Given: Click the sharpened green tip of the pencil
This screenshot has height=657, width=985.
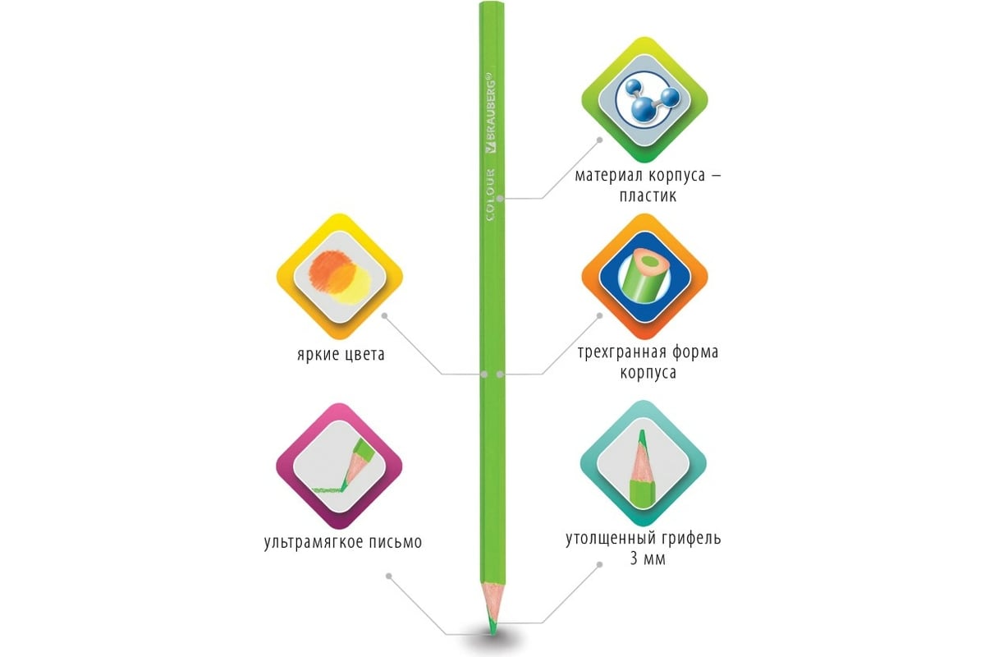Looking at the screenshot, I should coord(490,627).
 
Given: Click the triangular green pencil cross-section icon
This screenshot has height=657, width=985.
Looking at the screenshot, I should coord(644,278).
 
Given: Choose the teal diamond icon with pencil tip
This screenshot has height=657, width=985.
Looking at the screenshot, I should coord(644,466).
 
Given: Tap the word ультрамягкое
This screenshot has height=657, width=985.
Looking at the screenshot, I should coord(316,542).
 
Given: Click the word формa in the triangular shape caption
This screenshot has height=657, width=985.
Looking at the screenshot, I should coord(694,352).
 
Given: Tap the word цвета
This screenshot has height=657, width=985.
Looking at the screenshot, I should coord(364,356).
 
